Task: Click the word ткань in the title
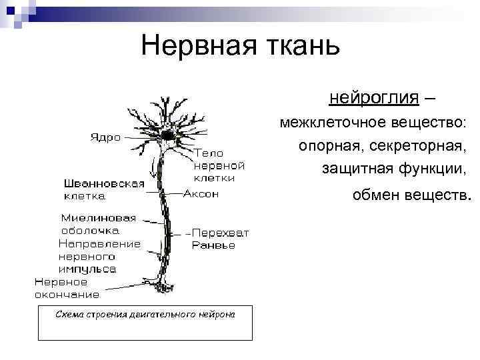coord(301,46)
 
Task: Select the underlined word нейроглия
coord(374,99)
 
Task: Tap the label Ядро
coord(105,138)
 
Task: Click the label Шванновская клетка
coord(103,189)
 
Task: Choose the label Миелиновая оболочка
coord(98,223)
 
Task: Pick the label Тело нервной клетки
coord(219,165)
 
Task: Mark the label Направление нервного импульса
coord(99,256)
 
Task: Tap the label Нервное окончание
coord(67,288)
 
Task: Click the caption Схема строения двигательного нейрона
coord(145,313)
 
